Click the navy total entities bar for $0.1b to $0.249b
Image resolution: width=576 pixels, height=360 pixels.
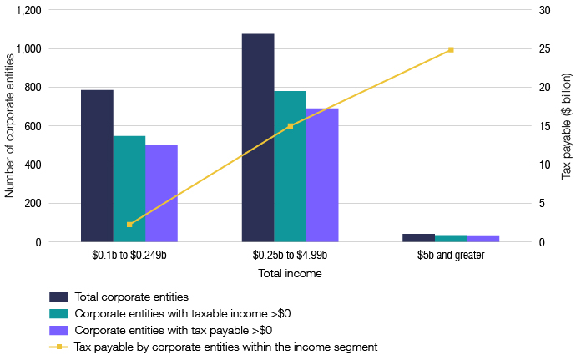coord(97,166)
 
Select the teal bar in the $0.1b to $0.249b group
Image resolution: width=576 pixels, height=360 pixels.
coord(129,189)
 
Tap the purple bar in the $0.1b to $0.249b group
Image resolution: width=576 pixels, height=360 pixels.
coord(161,194)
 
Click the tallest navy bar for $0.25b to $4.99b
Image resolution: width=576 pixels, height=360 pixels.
coord(258,138)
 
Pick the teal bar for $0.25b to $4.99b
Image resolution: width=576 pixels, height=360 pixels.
coord(291,166)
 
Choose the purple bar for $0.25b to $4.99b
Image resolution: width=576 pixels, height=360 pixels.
coord(322,175)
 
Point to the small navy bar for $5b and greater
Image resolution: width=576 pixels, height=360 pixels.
coord(418,238)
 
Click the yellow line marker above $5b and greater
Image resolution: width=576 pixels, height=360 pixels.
coord(451,50)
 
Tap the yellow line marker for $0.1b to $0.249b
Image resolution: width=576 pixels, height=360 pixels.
coord(129,225)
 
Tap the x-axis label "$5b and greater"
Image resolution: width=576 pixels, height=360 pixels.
coord(451,256)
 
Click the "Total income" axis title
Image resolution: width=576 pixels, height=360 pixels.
coord(291,273)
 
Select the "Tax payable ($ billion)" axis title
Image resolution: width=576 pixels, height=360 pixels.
coord(566,126)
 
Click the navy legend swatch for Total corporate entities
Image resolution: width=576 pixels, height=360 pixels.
coord(58,297)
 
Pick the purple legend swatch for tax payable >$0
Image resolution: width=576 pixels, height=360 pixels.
coord(58,330)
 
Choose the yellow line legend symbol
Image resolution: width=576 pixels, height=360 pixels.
coord(58,347)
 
